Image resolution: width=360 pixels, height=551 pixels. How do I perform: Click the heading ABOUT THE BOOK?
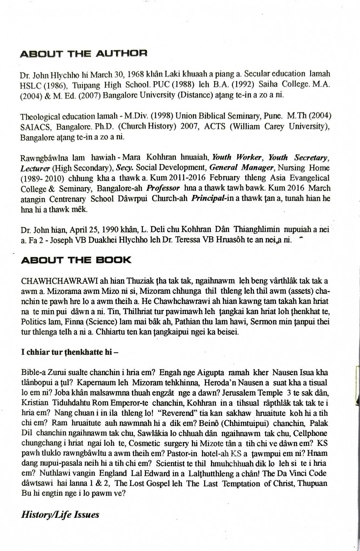click(x=76, y=260)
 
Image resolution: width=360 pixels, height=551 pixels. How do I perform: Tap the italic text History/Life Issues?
click(x=60, y=515)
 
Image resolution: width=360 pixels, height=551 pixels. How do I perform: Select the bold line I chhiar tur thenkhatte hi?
click(x=69, y=352)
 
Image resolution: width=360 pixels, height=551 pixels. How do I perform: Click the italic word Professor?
click(x=163, y=188)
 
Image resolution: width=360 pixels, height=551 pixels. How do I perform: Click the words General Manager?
click(x=242, y=168)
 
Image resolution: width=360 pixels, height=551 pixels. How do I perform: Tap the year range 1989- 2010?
click(x=42, y=178)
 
